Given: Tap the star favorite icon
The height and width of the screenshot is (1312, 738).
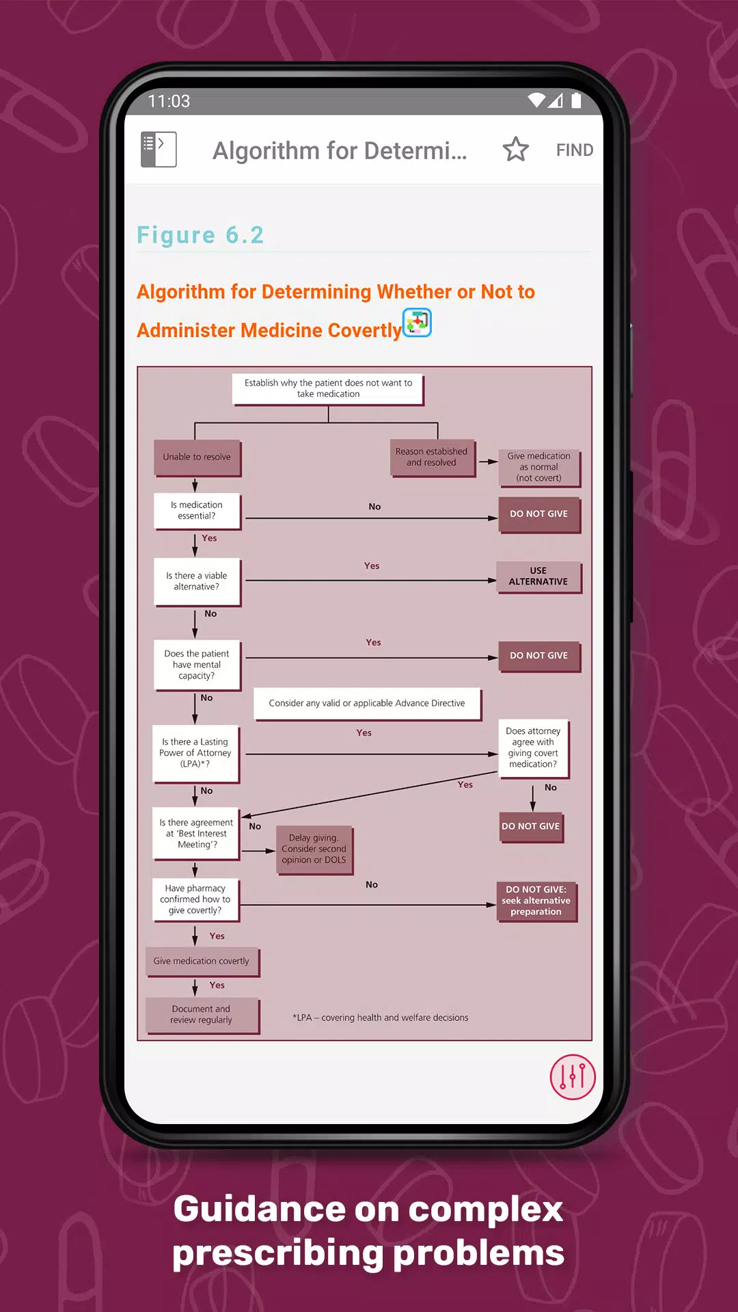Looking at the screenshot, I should pos(516,150).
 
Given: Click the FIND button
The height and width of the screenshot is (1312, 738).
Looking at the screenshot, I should pos(574,150).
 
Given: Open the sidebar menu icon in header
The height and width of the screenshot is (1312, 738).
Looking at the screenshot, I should pos(159,150).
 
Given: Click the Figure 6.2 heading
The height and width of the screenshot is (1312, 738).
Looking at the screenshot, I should pos(200,235).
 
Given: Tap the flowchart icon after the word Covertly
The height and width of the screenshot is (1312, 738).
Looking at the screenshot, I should pos(418,323).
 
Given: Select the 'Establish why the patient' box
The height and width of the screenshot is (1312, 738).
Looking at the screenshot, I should pos(328,389).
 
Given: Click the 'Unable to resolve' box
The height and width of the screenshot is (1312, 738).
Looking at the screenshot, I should pos(197,457).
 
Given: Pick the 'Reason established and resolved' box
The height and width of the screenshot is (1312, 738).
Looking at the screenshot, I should pos(431,457).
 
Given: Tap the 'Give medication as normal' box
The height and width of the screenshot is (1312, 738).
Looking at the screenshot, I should pos(538,467).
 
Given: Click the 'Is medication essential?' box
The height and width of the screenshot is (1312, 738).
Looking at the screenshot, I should pos(197,510).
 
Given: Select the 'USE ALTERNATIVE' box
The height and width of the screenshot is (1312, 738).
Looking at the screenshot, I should pos(538,577).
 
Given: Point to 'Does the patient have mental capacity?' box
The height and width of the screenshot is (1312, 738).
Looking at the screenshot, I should pos(197,665).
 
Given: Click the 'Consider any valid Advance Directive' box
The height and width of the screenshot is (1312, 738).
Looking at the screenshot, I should pos(367,703).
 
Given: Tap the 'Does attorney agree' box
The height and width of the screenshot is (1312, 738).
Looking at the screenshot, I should pos(533,748).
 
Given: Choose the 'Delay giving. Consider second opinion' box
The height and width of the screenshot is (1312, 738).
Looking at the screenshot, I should pos(314,849).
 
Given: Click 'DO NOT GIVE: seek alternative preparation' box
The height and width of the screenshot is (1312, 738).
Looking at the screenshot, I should pos(536,901).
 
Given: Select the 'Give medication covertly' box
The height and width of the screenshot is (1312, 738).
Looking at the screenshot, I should pos(202,961).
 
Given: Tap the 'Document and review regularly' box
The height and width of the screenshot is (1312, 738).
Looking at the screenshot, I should pos(202,1015).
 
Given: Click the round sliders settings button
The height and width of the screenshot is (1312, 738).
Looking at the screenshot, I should pos(573,1077).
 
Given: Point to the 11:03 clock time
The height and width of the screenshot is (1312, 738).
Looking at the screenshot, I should pos(169,101).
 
